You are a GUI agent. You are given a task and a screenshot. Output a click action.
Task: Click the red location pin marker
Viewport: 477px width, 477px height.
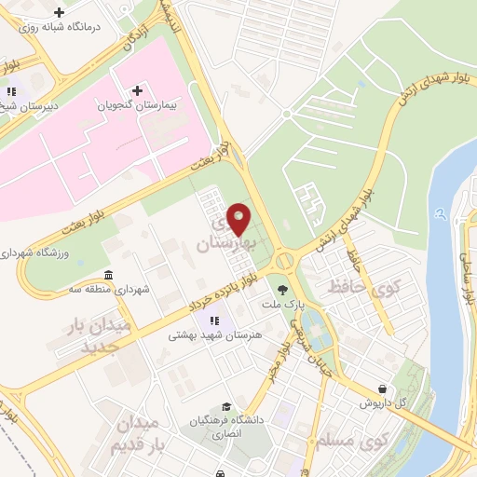coord(238,218)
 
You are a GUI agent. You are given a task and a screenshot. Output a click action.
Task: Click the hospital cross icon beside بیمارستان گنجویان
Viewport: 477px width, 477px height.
coord(138,91)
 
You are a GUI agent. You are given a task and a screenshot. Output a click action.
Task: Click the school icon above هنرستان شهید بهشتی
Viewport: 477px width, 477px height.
coord(202,321)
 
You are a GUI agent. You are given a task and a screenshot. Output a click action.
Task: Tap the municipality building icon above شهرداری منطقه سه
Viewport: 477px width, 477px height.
coord(109,275)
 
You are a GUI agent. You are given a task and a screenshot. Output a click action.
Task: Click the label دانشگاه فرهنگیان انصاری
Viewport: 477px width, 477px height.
coord(226,427)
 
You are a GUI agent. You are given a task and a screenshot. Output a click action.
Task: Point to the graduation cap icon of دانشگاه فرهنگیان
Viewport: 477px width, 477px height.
coord(226,407)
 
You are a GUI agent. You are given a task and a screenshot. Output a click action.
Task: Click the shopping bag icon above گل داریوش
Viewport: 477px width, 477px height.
coord(383,388)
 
